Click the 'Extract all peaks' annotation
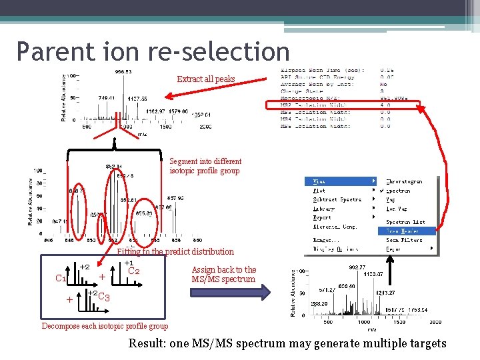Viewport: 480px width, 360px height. (205, 79)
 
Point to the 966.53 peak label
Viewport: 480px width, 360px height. (123, 71)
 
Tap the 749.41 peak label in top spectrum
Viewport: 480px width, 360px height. (107, 97)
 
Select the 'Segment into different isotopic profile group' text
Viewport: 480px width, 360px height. (205, 166)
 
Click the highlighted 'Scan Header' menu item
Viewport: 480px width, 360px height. (404, 231)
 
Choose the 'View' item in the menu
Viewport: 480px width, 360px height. (320, 181)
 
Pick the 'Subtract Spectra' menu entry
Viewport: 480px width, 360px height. (337, 199)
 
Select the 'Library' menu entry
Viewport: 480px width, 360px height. (324, 209)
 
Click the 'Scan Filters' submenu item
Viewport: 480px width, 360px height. (404, 240)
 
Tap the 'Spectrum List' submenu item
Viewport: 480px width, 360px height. (405, 222)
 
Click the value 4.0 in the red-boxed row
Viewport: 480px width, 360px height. (385, 105)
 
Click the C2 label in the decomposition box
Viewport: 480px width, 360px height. (133, 271)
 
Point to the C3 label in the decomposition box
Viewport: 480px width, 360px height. (103, 297)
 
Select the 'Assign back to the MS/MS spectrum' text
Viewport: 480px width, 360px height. (223, 275)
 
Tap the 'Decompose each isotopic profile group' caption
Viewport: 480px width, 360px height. (105, 326)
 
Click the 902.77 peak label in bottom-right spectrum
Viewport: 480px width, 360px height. (357, 267)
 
